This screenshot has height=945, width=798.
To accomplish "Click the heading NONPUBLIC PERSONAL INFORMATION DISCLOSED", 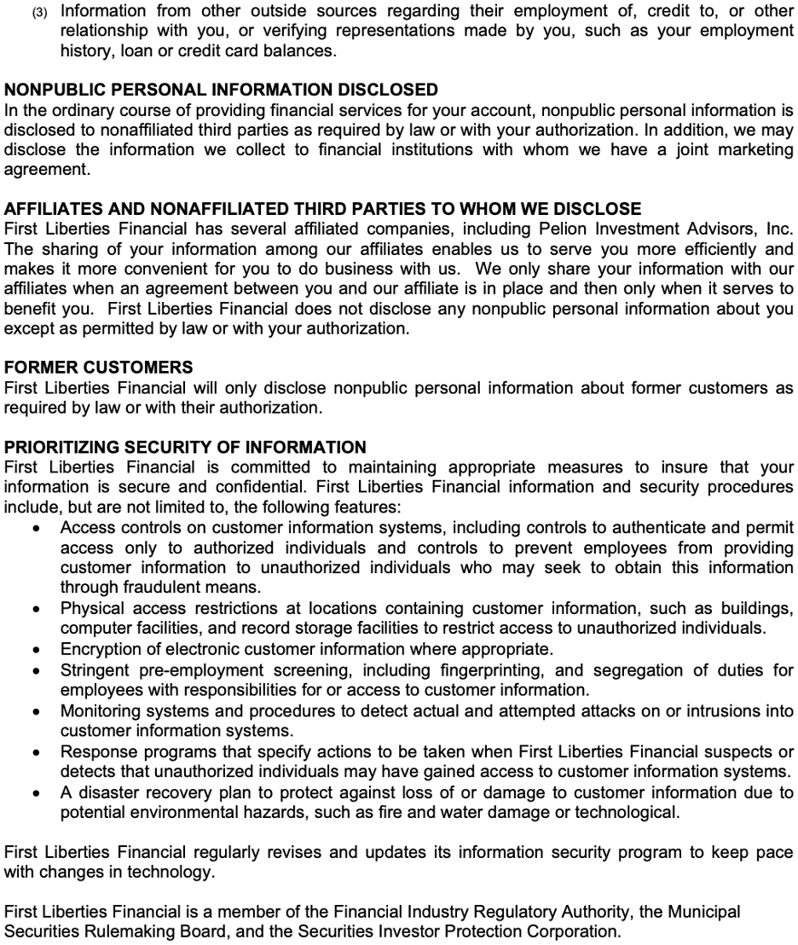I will (x=221, y=90).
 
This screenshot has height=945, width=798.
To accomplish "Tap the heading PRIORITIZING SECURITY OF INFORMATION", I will (x=185, y=447).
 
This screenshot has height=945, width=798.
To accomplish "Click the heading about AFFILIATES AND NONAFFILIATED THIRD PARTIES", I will (x=322, y=209).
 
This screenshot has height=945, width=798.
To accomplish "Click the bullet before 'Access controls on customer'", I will (x=35, y=528).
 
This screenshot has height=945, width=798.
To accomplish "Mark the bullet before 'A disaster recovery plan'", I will (x=35, y=793).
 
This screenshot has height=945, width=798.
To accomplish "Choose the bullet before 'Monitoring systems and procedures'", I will (x=35, y=711).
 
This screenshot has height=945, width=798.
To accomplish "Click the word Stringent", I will (x=95, y=670).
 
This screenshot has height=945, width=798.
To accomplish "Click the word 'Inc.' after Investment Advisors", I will (x=777, y=229).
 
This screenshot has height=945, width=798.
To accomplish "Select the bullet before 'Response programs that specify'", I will (x=35, y=752).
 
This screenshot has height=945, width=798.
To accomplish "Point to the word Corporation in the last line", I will (x=573, y=931).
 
